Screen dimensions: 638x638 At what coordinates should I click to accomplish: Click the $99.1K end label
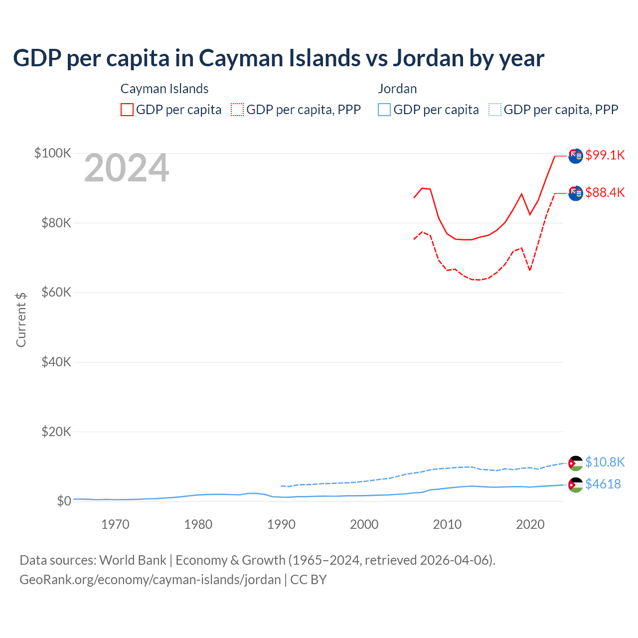click(605, 155)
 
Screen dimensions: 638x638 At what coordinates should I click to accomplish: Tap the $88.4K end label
click(605, 192)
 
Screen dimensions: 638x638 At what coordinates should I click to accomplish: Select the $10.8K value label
click(605, 462)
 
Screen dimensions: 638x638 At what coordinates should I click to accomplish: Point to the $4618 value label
click(603, 484)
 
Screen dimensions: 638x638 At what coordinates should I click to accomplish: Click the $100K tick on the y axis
click(53, 153)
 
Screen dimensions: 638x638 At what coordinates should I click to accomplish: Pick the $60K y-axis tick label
click(56, 292)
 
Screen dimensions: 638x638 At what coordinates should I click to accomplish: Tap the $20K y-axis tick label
click(56, 432)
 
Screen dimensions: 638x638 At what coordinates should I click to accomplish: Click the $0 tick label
click(64, 501)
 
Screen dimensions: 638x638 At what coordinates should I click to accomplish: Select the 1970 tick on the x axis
click(115, 524)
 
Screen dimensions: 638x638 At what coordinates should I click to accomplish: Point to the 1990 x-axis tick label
click(281, 524)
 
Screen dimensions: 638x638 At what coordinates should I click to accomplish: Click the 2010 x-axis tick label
click(447, 524)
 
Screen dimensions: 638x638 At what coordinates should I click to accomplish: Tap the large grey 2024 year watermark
click(127, 168)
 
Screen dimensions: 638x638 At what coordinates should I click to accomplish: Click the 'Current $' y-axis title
click(21, 320)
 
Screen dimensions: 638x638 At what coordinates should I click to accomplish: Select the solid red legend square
click(127, 110)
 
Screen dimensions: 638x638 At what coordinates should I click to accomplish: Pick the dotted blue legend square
click(494, 110)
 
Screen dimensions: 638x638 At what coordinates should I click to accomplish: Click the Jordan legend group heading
click(397, 89)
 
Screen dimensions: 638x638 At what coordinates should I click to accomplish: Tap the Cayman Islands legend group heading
click(164, 89)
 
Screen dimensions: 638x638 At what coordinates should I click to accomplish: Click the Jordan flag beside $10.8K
click(576, 463)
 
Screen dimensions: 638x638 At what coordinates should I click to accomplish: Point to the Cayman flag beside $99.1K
click(576, 156)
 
